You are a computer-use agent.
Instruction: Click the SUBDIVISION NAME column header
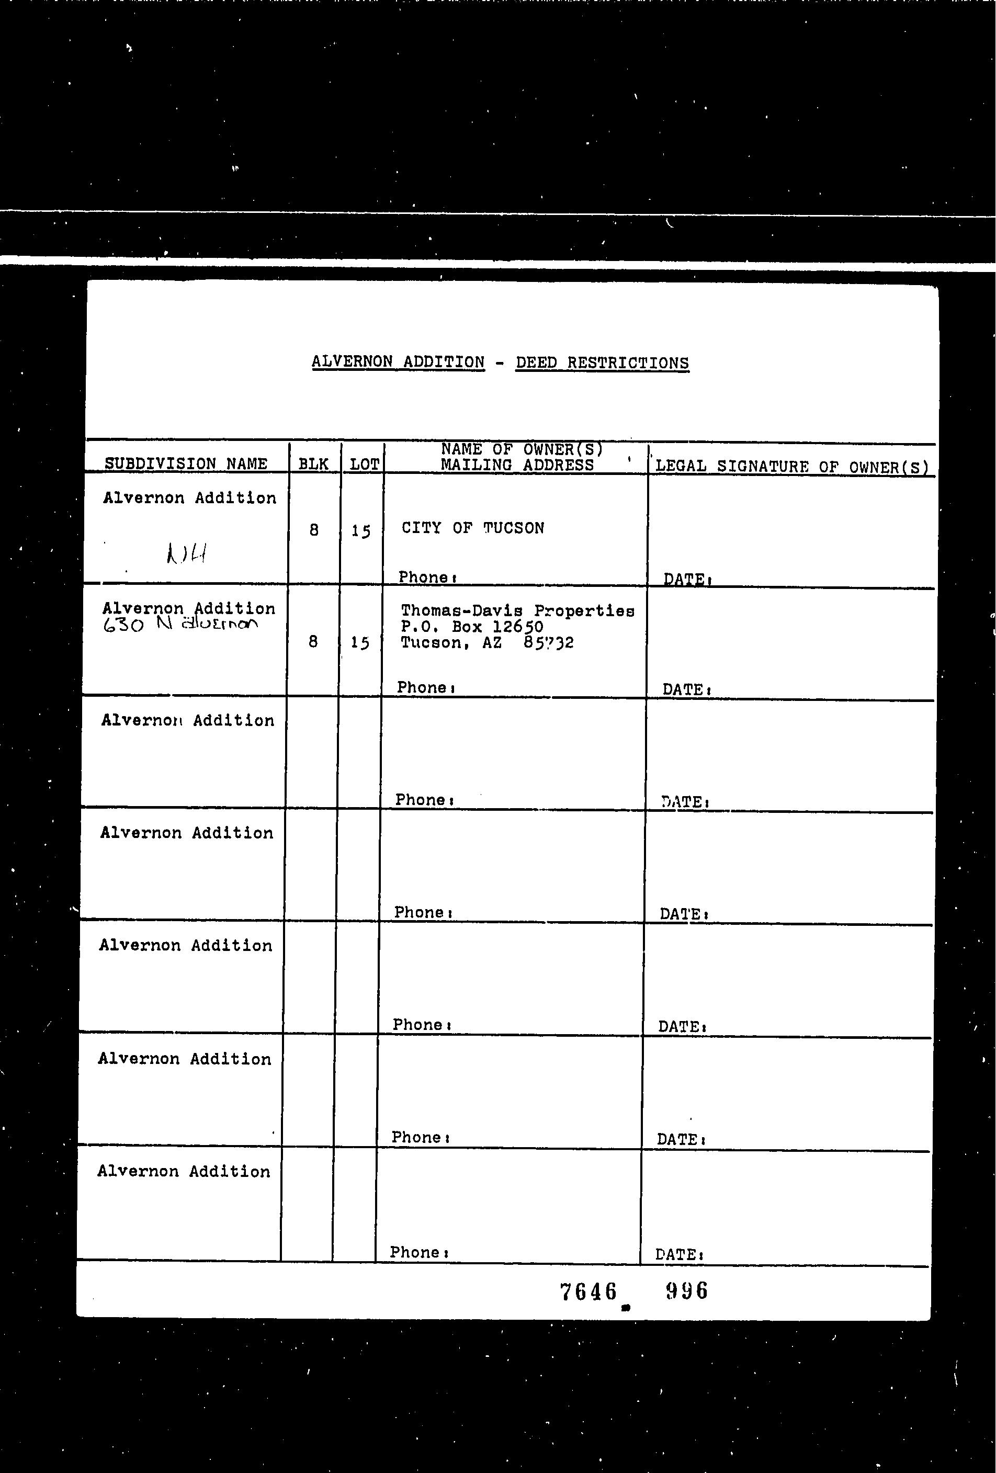click(186, 463)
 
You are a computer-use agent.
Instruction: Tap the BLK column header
click(313, 464)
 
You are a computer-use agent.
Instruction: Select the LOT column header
click(365, 464)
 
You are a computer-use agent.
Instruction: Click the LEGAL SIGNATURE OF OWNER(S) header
click(791, 467)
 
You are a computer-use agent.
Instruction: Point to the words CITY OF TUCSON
click(472, 528)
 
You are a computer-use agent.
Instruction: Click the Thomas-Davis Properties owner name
click(517, 611)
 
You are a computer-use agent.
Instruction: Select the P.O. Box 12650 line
click(472, 627)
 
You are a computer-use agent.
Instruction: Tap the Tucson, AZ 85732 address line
click(487, 643)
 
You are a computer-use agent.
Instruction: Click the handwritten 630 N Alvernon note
click(180, 625)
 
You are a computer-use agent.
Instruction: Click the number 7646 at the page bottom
click(588, 1291)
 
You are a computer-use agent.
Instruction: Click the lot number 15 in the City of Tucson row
click(361, 530)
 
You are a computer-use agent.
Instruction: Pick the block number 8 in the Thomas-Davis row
click(312, 642)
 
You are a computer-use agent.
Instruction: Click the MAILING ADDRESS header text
click(517, 465)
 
